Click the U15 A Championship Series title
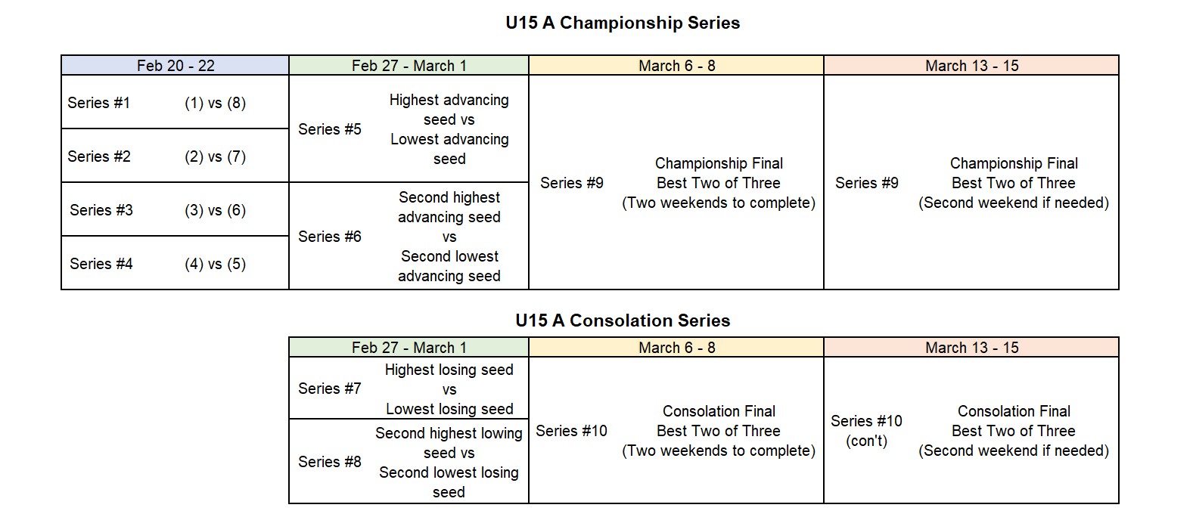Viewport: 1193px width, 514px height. (623, 23)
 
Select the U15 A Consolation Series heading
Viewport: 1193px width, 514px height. (623, 320)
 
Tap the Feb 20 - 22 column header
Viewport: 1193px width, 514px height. (176, 66)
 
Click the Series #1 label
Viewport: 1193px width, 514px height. (98, 103)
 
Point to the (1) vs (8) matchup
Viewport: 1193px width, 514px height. (215, 103)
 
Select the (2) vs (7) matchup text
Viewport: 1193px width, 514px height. (215, 156)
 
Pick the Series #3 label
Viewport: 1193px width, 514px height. (101, 210)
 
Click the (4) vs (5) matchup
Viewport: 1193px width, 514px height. (215, 264)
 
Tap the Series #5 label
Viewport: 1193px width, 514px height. (330, 129)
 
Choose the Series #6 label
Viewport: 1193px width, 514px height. (330, 237)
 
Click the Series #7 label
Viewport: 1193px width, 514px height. (330, 389)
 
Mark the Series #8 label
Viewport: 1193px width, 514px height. (330, 462)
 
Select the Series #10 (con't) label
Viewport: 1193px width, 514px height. (866, 430)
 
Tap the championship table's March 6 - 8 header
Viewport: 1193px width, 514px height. (677, 66)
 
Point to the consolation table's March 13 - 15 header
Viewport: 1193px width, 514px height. (972, 348)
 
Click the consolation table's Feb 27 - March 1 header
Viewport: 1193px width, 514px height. (409, 348)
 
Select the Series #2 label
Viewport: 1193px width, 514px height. (98, 156)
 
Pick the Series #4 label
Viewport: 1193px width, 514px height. (101, 264)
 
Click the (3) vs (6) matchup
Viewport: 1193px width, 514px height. (215, 210)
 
